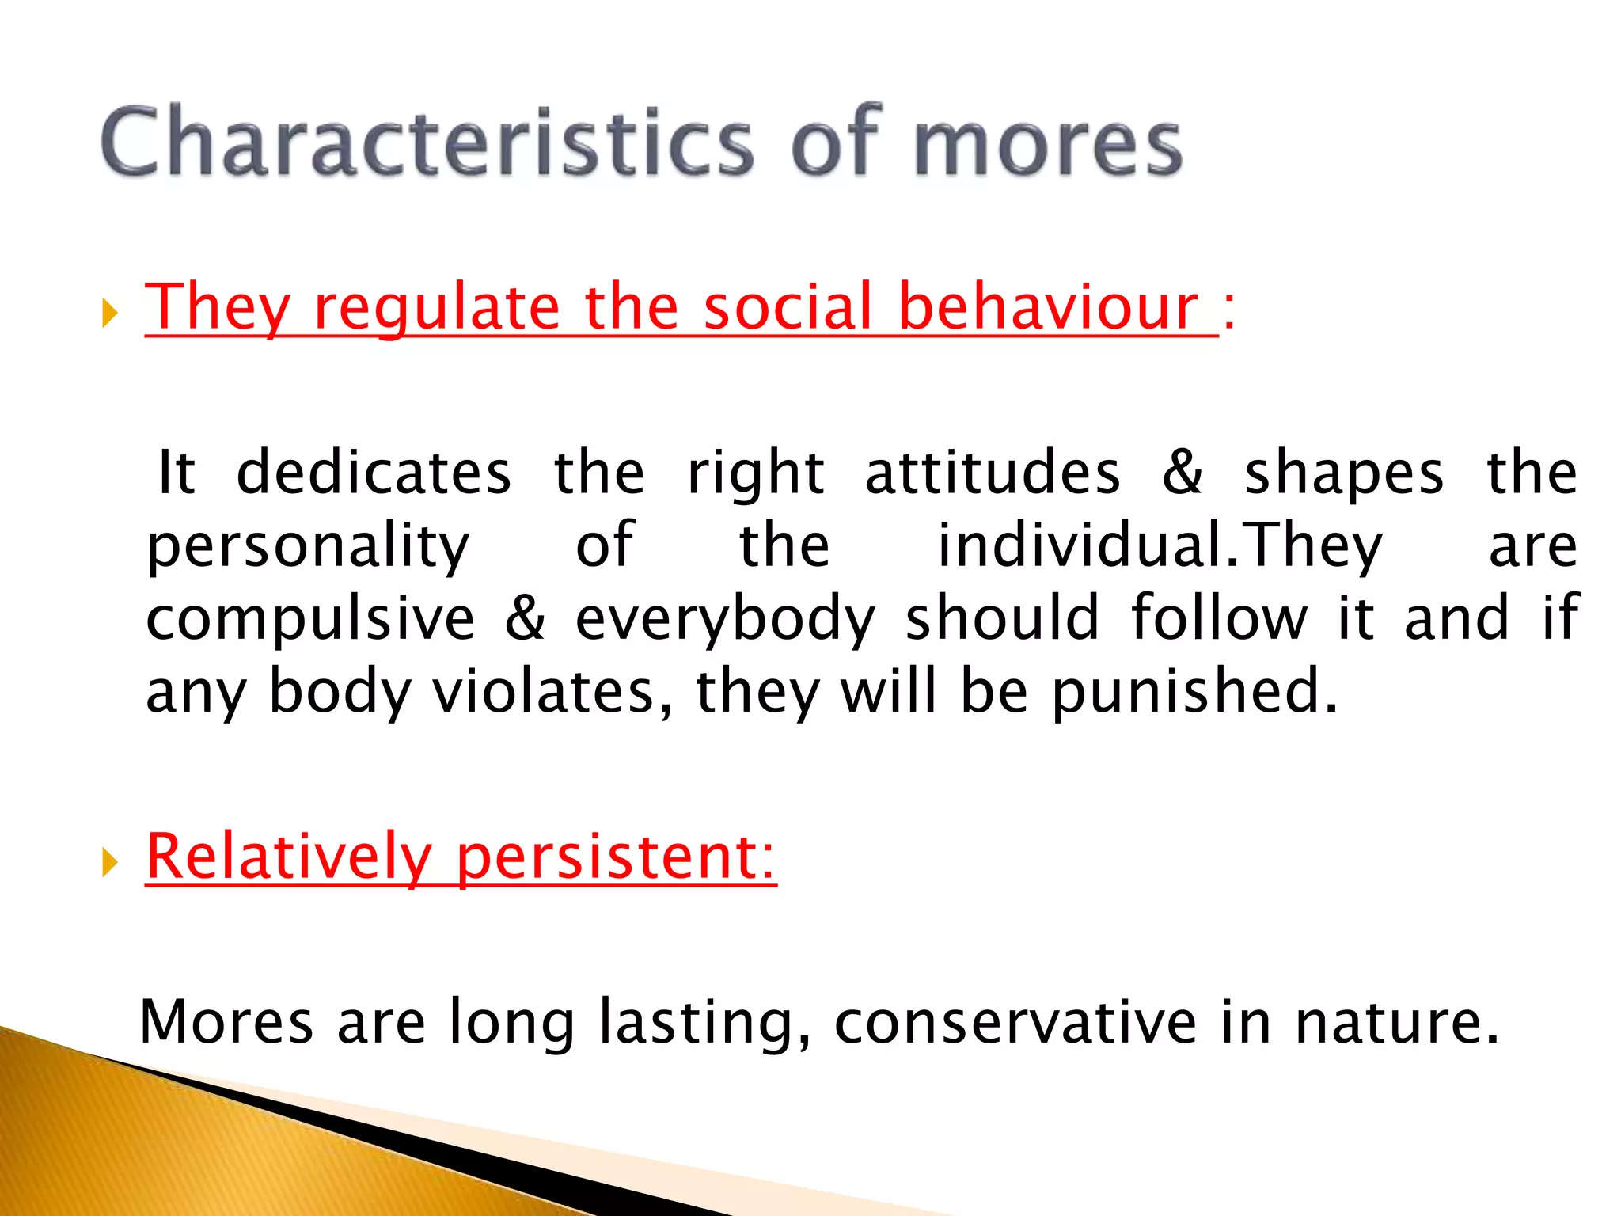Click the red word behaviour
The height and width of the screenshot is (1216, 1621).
click(x=1049, y=307)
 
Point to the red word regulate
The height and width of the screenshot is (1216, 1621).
click(x=436, y=310)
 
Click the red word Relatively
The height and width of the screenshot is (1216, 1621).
click(x=289, y=858)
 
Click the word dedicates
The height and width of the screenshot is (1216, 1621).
click(x=374, y=473)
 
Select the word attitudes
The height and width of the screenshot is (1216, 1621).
click(x=993, y=473)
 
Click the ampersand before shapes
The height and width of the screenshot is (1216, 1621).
click(x=1183, y=473)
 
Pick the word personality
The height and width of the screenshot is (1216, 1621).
click(x=309, y=549)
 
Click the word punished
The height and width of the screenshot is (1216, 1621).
click(x=1194, y=693)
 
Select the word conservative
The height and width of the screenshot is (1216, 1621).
click(x=1015, y=1023)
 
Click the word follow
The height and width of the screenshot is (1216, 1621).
click(x=1219, y=618)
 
